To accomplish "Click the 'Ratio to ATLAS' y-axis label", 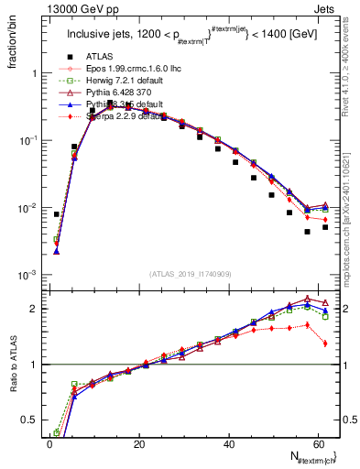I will pos(13,360).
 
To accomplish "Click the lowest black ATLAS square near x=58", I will pos(308,232).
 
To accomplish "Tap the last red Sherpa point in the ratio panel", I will pos(325,344).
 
